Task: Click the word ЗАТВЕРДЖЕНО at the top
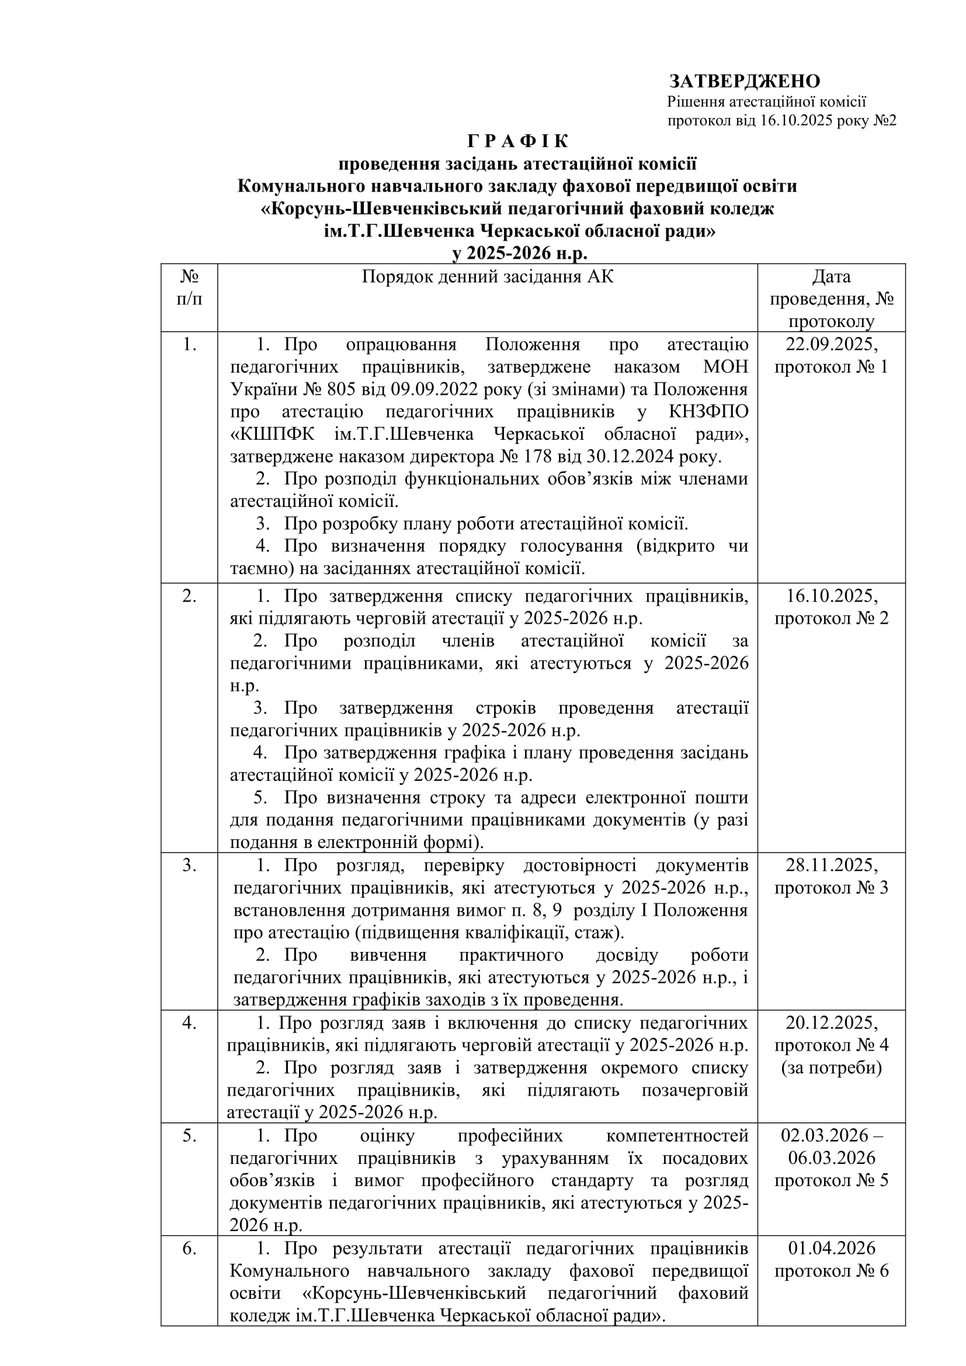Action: [x=744, y=81]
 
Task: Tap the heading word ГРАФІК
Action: [x=518, y=141]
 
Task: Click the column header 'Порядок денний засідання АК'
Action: [x=487, y=277]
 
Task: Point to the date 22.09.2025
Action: [x=831, y=345]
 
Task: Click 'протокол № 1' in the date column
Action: [x=831, y=367]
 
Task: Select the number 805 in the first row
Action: [x=340, y=390]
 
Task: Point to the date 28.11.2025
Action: [x=831, y=865]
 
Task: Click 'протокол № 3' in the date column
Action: [x=831, y=888]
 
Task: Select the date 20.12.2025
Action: [x=831, y=1023]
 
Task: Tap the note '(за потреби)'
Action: [x=831, y=1068]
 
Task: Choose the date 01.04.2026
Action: [x=831, y=1248]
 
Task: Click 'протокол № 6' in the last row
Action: [x=831, y=1271]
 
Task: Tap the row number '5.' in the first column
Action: [x=189, y=1135]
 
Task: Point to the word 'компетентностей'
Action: [x=677, y=1135]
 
